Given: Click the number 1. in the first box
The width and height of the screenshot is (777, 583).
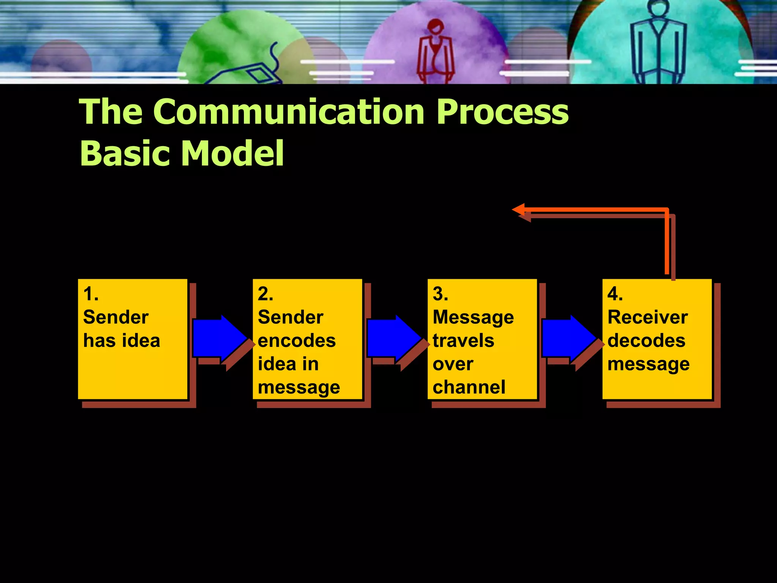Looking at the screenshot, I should [91, 294].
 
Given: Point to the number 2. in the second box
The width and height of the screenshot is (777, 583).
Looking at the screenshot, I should [265, 294].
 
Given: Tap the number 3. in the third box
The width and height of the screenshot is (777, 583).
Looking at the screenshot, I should [440, 294].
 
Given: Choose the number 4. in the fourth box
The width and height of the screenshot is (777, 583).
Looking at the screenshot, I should [615, 294].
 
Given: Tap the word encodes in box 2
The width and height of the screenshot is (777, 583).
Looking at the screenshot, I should [297, 340].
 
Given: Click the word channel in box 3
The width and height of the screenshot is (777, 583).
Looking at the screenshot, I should [469, 387].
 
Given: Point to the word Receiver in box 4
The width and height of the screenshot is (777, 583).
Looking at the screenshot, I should [647, 317].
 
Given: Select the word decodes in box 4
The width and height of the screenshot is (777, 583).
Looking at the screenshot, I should [646, 340].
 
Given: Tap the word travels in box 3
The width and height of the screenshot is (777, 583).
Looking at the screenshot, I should [463, 340].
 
